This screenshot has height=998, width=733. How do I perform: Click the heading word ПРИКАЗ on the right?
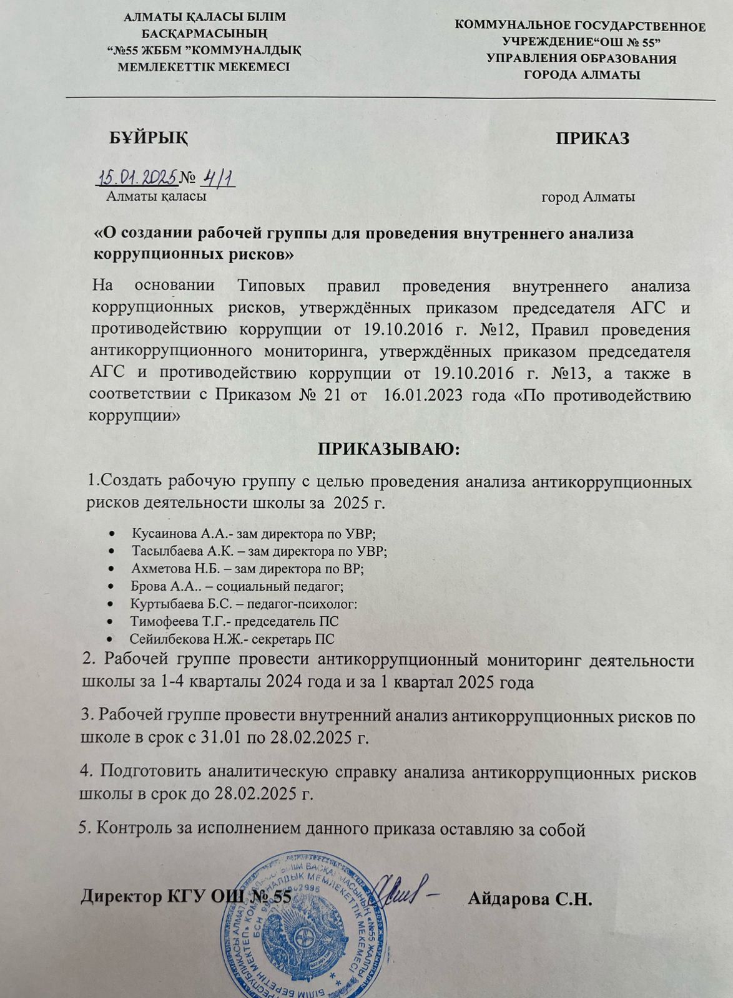point(592,138)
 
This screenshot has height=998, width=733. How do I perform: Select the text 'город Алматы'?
point(588,198)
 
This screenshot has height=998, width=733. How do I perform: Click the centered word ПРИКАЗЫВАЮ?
point(389,449)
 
